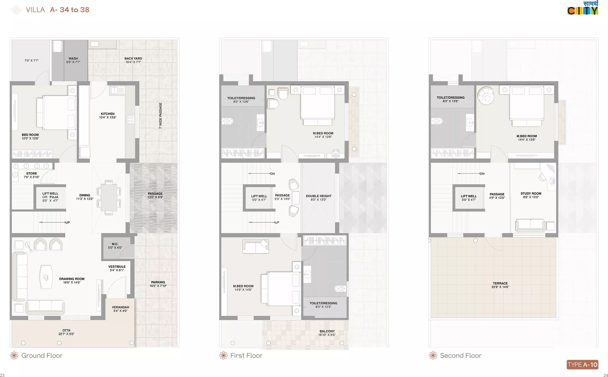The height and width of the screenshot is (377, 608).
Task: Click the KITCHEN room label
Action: [108, 114]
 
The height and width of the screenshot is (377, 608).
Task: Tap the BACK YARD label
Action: [133, 58]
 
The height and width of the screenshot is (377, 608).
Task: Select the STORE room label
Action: [32, 173]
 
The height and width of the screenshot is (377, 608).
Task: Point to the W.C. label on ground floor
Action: [115, 244]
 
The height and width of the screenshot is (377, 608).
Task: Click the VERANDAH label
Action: [120, 307]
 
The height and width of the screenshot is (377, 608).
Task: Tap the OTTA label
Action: [66, 330]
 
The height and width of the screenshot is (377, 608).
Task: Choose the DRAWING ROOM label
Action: [72, 279]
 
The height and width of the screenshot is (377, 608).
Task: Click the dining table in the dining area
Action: [109, 197]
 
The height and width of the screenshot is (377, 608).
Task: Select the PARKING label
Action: [158, 282]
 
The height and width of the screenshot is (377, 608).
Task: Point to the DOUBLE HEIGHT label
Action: [319, 196]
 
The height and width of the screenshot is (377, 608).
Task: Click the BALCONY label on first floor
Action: [327, 331]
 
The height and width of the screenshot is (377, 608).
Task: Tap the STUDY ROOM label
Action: [531, 193]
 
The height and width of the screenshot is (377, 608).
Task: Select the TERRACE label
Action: [500, 283]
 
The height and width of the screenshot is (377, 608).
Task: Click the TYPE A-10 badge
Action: [583, 365]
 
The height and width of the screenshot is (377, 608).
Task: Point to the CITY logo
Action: [583, 8]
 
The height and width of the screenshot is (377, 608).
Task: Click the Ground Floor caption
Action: [42, 355]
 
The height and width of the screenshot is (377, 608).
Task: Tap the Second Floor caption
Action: [460, 355]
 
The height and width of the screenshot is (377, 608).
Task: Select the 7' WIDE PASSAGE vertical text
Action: [160, 116]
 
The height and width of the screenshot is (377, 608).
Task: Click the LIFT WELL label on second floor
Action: [469, 196]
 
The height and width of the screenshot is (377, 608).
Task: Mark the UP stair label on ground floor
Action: [67, 222]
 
